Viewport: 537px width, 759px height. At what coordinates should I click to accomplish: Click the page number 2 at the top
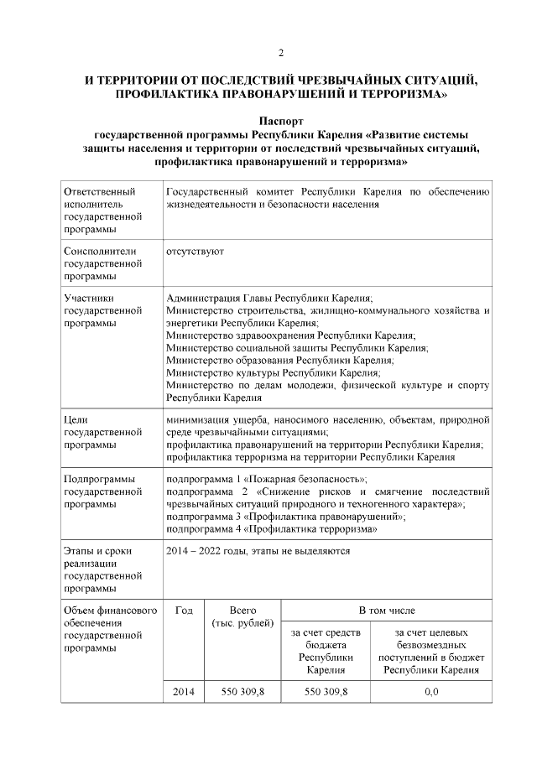click(x=281, y=54)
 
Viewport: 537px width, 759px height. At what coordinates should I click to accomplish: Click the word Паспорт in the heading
click(x=281, y=122)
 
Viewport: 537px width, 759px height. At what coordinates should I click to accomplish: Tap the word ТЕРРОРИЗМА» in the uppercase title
click(x=402, y=96)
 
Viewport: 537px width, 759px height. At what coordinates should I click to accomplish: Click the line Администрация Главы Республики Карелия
click(x=269, y=298)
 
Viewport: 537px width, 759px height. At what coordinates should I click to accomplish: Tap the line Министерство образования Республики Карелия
click(x=279, y=359)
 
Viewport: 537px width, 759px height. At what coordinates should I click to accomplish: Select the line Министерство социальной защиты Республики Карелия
click(x=298, y=346)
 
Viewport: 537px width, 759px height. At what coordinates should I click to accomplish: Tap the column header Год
click(x=184, y=611)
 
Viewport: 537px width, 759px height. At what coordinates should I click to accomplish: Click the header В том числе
click(x=387, y=611)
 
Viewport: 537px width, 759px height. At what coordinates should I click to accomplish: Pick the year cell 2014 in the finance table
click(x=184, y=691)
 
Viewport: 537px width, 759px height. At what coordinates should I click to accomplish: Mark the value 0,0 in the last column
click(x=431, y=691)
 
